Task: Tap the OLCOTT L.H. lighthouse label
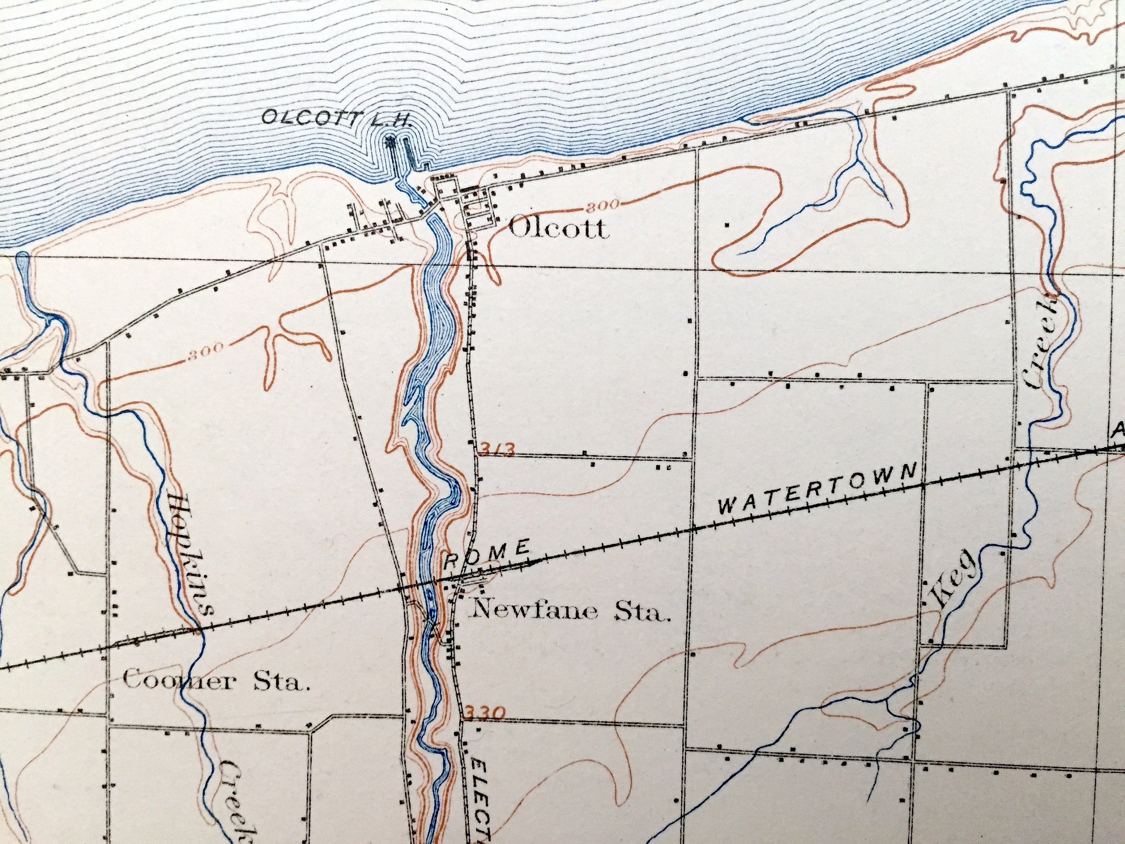click(336, 119)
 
